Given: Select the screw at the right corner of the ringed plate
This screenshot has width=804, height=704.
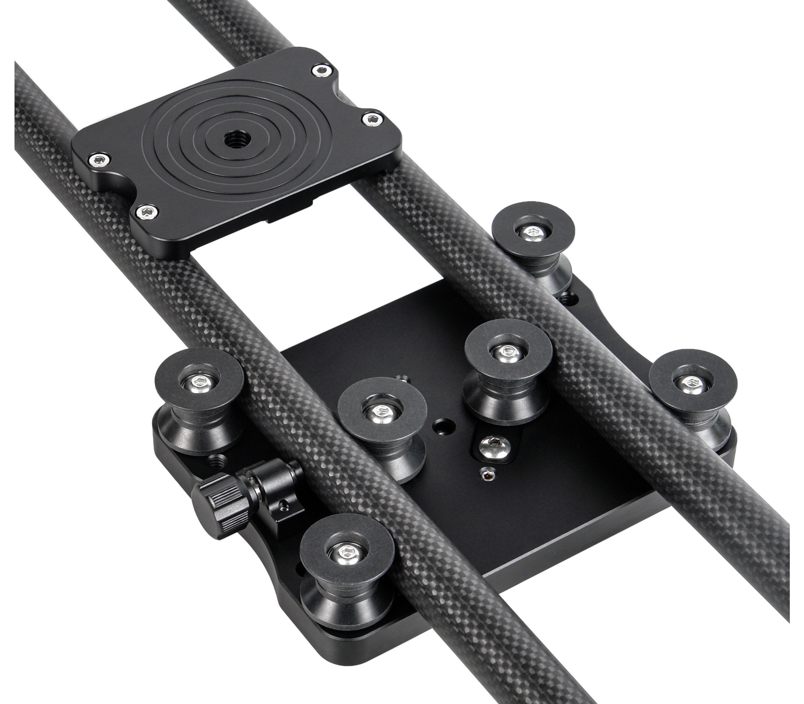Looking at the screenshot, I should (x=372, y=118).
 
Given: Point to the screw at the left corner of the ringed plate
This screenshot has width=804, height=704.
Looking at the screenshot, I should (x=98, y=160).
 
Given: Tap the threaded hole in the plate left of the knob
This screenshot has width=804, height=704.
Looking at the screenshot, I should (x=218, y=459).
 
